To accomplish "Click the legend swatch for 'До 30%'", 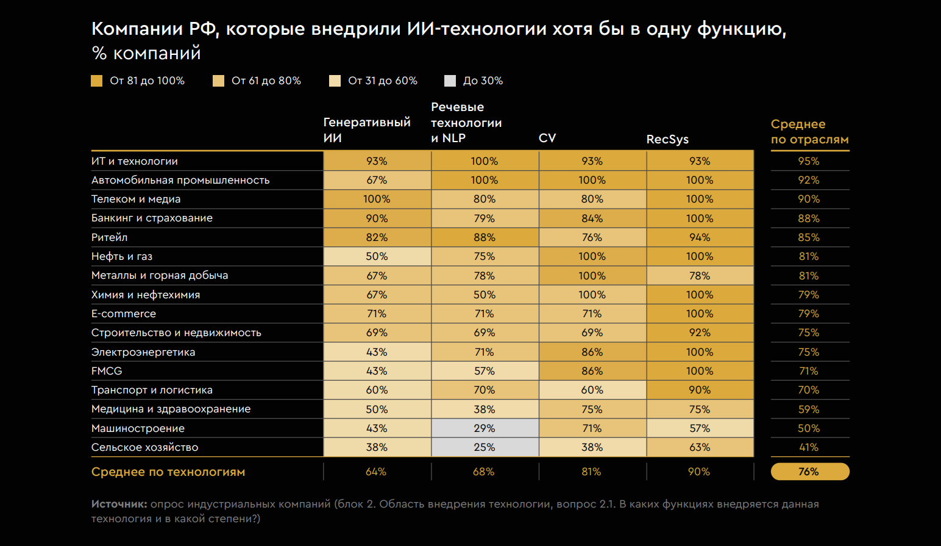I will coord(450,81).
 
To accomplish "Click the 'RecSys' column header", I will coord(667,139).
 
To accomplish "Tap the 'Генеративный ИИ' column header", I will coord(366,130).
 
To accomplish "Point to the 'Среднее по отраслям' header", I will coord(809,132).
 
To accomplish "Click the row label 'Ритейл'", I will coord(110,237).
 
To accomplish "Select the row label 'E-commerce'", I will coord(124,314).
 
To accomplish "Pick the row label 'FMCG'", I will coord(107,371).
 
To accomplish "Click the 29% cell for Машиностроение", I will coord(485,428).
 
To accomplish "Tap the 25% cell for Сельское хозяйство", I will coord(485,447).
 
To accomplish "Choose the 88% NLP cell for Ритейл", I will coord(485,237).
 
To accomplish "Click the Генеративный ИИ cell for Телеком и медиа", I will coord(377,199).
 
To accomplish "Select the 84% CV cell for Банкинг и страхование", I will coord(592,218).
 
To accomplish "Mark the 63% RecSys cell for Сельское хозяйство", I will coord(700,447).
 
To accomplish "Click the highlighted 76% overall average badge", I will coord(809,472).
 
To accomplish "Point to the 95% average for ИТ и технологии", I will coord(809,161).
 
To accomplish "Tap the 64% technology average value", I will coord(376,472).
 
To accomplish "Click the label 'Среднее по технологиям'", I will coord(168,472).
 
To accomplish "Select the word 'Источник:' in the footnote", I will coord(119,504).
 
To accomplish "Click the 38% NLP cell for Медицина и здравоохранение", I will coord(485,409).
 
